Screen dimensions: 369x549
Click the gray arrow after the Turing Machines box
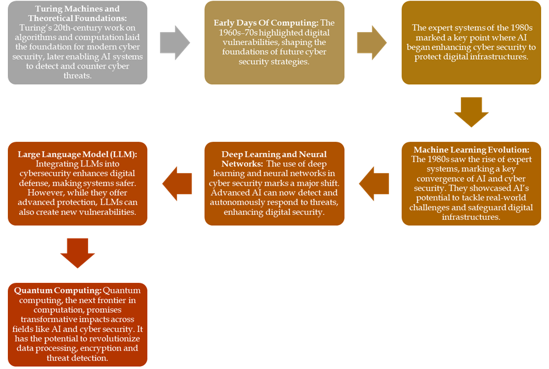175,42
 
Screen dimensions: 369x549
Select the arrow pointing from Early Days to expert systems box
372,42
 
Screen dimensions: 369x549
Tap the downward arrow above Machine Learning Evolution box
471,112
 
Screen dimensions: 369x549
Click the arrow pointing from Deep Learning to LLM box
177,183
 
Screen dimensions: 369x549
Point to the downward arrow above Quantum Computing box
78,253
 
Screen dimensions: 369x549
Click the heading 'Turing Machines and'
77,9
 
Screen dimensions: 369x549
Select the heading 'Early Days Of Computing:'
266,22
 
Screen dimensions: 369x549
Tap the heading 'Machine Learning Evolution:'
471,150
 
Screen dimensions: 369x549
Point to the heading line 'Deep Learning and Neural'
274,154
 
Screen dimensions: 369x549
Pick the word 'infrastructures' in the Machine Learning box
471,217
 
